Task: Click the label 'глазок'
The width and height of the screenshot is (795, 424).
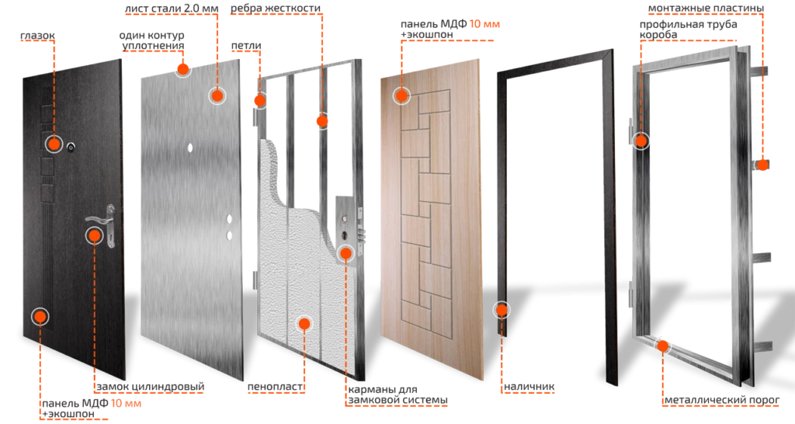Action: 37,36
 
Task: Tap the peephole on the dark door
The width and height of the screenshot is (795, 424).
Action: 71,147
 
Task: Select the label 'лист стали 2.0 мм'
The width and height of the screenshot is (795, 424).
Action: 172,9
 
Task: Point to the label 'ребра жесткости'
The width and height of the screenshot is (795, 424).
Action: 276,9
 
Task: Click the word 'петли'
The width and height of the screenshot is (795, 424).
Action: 246,46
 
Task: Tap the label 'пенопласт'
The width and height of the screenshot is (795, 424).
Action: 276,387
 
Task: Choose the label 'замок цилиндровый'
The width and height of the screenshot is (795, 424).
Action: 151,387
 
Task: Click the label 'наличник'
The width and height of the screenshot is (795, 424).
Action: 529,387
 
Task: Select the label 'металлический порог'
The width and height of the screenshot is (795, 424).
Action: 722,400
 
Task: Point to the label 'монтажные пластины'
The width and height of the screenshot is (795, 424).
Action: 706,9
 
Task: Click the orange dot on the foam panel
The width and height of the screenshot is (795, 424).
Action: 304,324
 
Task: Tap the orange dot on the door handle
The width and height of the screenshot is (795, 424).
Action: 94,235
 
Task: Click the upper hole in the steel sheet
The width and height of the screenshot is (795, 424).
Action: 190,148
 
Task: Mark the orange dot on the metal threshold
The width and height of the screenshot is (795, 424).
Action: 663,346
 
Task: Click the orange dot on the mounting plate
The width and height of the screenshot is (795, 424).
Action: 762,165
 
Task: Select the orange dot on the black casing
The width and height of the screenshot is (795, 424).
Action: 502,310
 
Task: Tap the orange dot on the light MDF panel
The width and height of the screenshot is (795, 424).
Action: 401,95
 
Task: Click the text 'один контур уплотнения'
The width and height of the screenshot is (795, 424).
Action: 152,40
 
